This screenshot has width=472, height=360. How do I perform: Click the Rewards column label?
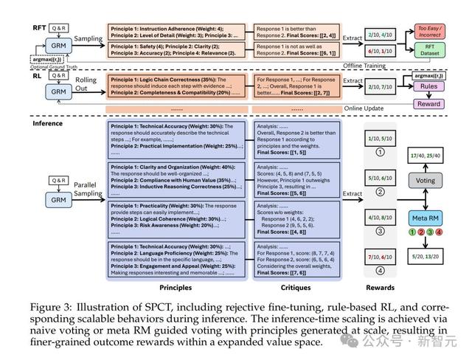pos(380,288)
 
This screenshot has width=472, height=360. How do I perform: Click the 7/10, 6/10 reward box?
pos(381,257)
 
